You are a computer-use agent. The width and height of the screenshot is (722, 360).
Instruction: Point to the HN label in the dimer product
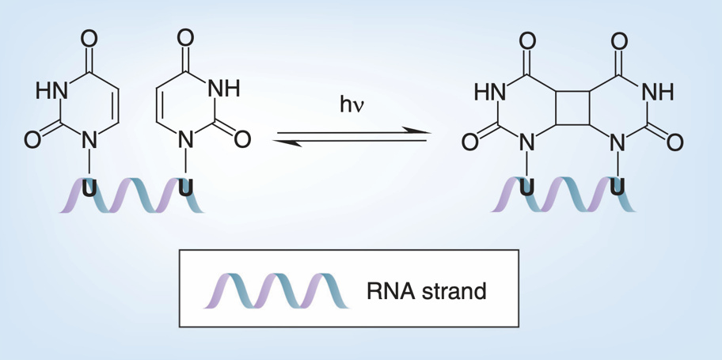tap(490, 92)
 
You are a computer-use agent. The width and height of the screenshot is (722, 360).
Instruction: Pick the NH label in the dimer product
tap(657, 92)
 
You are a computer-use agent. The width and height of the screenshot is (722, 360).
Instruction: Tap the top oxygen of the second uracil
tap(185, 37)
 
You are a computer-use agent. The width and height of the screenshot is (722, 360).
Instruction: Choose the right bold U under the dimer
tap(618, 188)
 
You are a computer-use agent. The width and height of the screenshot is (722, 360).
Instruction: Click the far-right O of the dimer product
tap(674, 142)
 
